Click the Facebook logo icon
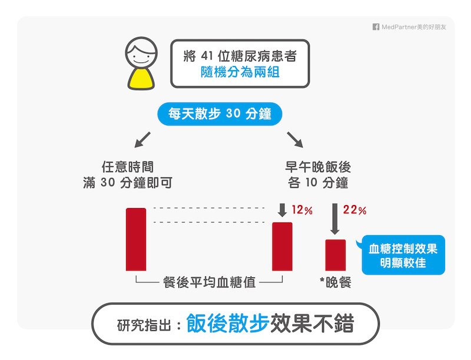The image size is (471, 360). (x=376, y=27)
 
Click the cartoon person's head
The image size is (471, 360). (x=141, y=53)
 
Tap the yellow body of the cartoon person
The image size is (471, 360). (x=141, y=79)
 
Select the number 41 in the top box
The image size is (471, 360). (x=207, y=56)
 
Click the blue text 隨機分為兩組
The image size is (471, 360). (x=240, y=72)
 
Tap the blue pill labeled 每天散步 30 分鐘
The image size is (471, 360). (x=220, y=114)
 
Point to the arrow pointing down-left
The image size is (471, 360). (x=142, y=140)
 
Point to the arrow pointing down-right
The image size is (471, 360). (x=295, y=140)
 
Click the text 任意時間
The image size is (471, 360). (x=128, y=167)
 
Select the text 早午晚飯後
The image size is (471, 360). (x=318, y=167)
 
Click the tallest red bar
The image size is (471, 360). (x=136, y=239)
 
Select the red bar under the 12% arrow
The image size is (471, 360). (x=282, y=247)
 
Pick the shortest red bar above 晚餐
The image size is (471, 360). (x=336, y=255)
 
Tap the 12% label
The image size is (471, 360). (x=302, y=210)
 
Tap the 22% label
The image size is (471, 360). (x=355, y=210)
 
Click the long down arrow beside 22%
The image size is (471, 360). (x=335, y=219)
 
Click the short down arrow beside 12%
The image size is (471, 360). (x=282, y=210)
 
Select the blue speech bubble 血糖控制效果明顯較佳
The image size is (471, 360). (x=403, y=255)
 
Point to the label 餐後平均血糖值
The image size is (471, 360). (x=209, y=282)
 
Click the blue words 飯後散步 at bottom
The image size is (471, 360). (x=228, y=323)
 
